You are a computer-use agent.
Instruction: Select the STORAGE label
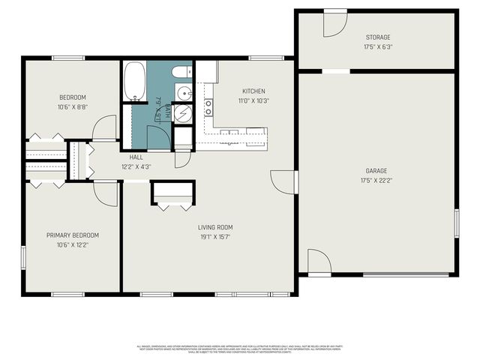pyautogui.click(x=377, y=37)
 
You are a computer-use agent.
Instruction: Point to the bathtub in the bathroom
pyautogui.click(x=134, y=81)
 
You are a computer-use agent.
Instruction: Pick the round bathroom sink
pyautogui.click(x=184, y=93)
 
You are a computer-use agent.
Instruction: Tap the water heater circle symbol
pyautogui.click(x=184, y=114)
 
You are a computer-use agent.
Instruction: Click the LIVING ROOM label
pyautogui.click(x=215, y=227)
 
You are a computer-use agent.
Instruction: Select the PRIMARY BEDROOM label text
pyautogui.click(x=73, y=235)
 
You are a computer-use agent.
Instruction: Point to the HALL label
pyautogui.click(x=136, y=157)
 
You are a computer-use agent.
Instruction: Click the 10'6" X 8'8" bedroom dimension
pyautogui.click(x=73, y=107)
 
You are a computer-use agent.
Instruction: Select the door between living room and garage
pyautogui.click(x=283, y=181)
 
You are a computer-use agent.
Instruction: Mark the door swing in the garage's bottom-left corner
pyautogui.click(x=319, y=262)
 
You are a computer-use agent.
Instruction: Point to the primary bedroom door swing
pyautogui.click(x=107, y=193)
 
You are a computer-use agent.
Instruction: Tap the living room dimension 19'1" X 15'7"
pyautogui.click(x=215, y=237)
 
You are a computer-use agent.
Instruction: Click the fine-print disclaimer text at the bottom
pyautogui.click(x=240, y=349)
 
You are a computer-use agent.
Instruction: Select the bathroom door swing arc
pyautogui.click(x=158, y=138)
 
